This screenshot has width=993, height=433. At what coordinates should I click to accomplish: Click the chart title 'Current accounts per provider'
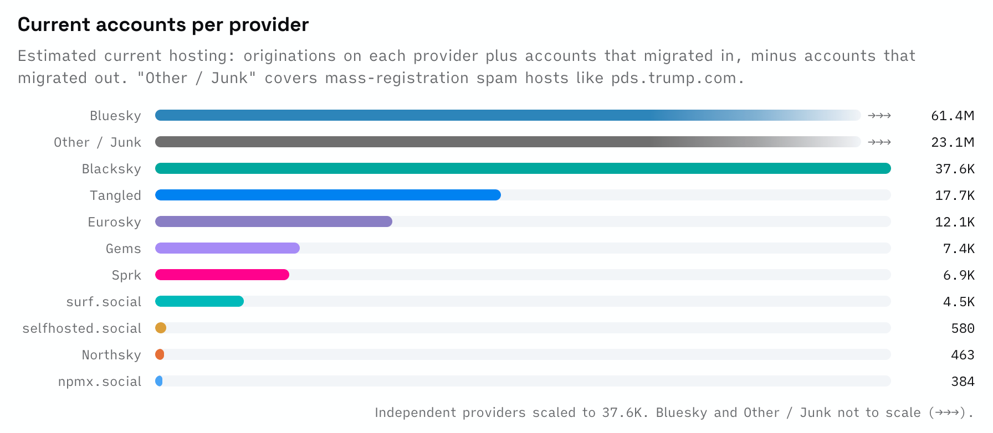163,25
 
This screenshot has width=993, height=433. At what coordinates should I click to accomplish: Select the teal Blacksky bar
523,168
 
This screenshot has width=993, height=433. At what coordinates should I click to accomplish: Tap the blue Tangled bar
328,195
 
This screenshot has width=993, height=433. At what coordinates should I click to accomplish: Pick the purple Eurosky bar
274,221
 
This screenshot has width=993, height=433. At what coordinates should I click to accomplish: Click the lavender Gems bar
227,248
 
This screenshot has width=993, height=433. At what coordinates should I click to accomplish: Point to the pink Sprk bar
222,275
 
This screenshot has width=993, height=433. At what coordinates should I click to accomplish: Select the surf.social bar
199,301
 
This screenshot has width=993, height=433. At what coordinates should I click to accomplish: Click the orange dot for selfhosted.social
161,328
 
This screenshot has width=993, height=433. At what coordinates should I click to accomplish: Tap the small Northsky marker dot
160,354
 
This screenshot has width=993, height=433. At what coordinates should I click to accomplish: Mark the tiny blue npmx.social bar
159,381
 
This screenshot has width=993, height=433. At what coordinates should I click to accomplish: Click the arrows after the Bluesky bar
879,116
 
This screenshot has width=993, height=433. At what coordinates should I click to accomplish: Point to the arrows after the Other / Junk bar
879,142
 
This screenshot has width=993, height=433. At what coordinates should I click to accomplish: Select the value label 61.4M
953,116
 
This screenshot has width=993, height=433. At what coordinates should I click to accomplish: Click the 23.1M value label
953,142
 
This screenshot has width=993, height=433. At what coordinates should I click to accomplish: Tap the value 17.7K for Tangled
955,195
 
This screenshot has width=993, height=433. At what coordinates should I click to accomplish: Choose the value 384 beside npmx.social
963,382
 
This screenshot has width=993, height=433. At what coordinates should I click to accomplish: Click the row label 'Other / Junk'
98,142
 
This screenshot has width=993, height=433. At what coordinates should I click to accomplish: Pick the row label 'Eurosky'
115,222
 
